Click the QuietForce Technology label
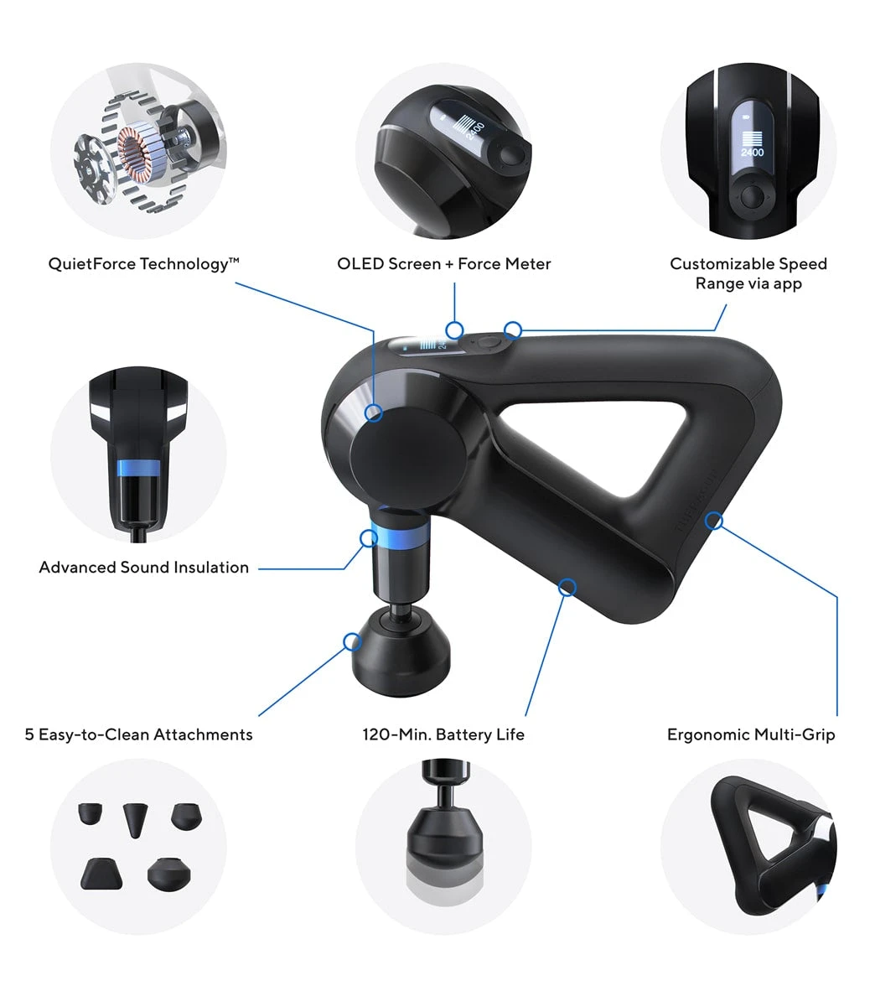(143, 264)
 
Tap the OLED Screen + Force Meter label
(443, 264)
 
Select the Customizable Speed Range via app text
(748, 273)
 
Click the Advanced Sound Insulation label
(143, 568)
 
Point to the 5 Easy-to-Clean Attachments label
(138, 734)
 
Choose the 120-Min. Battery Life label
(443, 734)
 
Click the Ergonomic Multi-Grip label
(750, 734)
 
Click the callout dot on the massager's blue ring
(368, 537)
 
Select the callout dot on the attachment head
(352, 642)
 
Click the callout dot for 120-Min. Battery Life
(567, 587)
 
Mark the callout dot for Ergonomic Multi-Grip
(713, 521)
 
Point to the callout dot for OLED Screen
(454, 329)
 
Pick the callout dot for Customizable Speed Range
(514, 329)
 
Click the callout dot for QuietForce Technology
(374, 413)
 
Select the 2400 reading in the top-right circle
(752, 153)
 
